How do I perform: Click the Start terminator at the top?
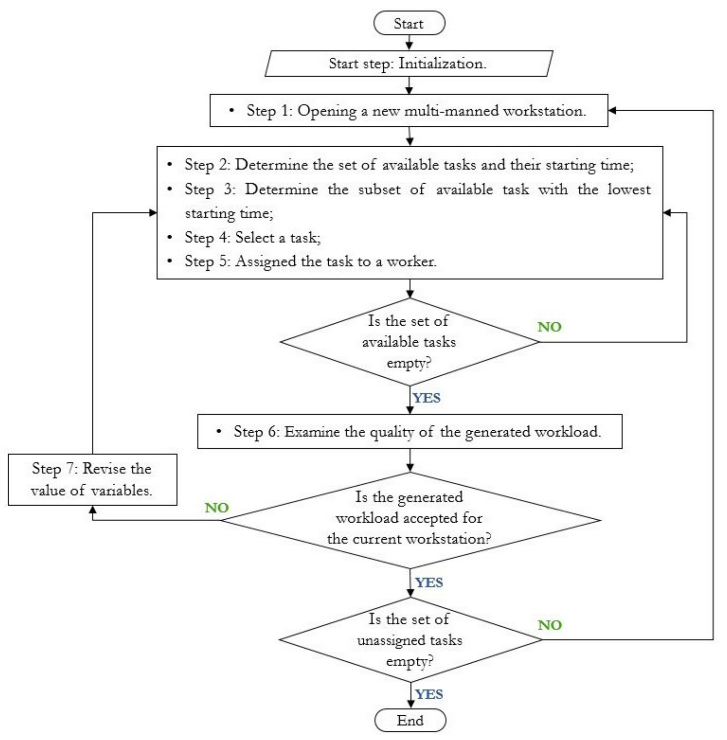[409, 23]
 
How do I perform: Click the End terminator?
[410, 720]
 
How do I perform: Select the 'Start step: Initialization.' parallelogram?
[409, 63]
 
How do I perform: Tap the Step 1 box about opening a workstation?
[409, 111]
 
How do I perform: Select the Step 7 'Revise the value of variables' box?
[92, 479]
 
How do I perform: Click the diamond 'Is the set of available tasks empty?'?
[409, 342]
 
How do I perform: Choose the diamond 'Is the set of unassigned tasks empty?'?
[410, 640]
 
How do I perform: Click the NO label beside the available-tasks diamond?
[549, 327]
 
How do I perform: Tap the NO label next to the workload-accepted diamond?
[216, 508]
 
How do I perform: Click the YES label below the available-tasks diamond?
[427, 398]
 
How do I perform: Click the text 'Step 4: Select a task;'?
[253, 237]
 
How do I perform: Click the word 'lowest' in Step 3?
[629, 189]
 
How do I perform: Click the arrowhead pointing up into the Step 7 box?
[92, 510]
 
